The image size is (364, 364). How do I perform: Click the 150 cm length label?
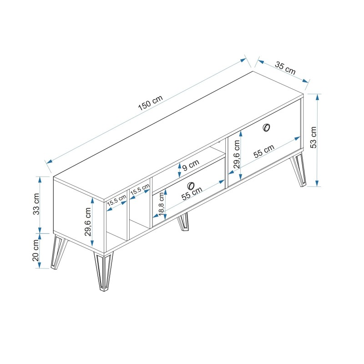(x=150, y=105)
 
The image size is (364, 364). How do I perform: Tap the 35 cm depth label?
(x=285, y=68)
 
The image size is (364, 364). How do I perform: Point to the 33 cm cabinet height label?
(x=36, y=204)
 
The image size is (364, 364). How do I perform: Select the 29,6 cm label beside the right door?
(x=236, y=155)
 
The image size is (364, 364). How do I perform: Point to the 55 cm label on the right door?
(x=264, y=151)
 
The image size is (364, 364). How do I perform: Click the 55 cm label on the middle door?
(x=192, y=194)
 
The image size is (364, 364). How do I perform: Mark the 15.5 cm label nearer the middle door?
(x=140, y=190)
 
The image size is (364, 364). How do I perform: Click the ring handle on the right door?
(x=267, y=128)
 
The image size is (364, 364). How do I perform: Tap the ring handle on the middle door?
(x=191, y=185)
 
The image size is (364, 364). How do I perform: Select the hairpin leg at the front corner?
(x=103, y=270)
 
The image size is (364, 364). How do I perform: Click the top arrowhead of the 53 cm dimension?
(x=318, y=96)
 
